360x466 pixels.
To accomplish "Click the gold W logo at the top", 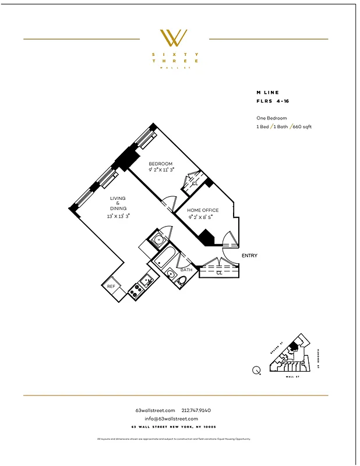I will (x=174, y=38).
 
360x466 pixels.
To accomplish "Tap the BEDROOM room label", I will (x=160, y=164).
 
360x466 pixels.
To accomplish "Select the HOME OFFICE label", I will (x=203, y=210).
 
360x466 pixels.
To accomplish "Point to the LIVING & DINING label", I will (x=118, y=203).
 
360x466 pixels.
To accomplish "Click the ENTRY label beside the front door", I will (x=249, y=256).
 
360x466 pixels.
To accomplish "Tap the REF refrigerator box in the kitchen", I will (x=111, y=287).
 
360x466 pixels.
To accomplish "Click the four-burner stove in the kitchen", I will (x=135, y=290).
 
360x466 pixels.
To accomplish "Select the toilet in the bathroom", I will (x=181, y=283).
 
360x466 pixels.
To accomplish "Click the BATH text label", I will (x=186, y=270).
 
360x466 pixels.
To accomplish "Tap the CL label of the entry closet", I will (x=219, y=272).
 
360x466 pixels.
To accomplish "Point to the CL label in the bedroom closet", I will (x=195, y=183).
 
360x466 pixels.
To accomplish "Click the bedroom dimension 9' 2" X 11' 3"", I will (x=160, y=170).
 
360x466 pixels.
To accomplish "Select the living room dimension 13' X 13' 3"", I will (x=118, y=216).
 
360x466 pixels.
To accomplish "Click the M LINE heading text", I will (x=267, y=92).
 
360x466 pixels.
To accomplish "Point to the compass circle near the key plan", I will (x=256, y=369).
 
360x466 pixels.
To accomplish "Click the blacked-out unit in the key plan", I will (x=294, y=347).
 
